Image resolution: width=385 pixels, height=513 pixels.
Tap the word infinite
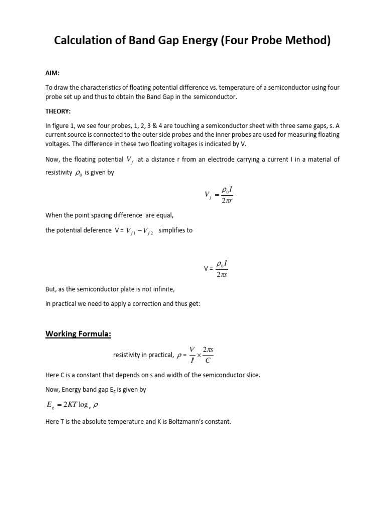162,290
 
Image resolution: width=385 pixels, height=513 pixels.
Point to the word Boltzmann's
199,422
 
